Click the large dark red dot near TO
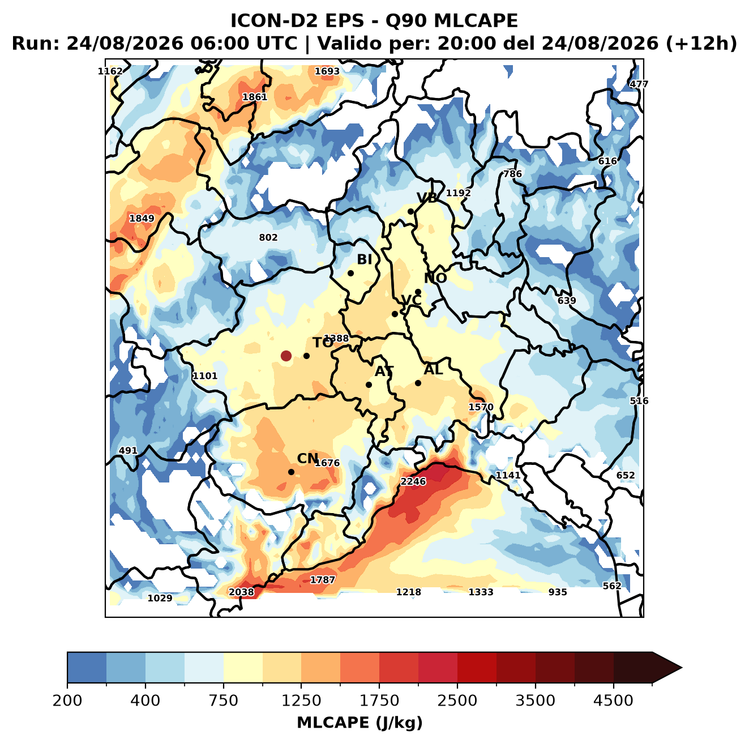(286, 356)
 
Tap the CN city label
(307, 458)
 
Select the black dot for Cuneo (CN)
(291, 472)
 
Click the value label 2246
(413, 481)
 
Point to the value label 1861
(255, 97)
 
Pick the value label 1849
(142, 218)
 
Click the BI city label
(365, 259)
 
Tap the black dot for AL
(418, 383)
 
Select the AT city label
(384, 371)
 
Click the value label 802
(268, 237)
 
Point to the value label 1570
(481, 407)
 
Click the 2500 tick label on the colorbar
(457, 689)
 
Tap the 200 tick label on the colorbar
(67, 689)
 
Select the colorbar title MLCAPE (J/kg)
(359, 711)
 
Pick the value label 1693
(327, 71)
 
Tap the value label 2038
(241, 592)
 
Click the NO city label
(435, 278)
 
